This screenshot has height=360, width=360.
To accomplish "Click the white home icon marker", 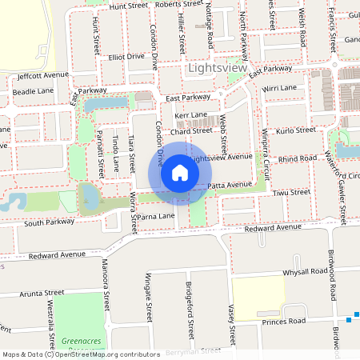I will tap(180, 174).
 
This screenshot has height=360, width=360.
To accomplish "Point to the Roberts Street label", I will tap(179, 5).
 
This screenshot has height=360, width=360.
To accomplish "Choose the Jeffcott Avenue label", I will tap(43, 75).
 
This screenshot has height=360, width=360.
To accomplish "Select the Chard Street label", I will tap(190, 130).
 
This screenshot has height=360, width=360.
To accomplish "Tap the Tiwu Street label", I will tap(290, 193).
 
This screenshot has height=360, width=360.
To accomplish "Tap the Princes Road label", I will tap(286, 322).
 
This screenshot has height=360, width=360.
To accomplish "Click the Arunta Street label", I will tap(42, 294).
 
